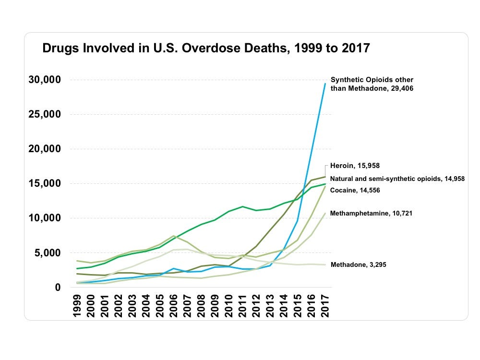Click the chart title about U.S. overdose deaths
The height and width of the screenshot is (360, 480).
(x=206, y=48)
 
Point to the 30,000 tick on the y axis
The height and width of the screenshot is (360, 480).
(x=45, y=80)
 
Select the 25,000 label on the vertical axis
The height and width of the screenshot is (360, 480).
(x=45, y=114)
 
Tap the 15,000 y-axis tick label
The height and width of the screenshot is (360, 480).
(x=45, y=183)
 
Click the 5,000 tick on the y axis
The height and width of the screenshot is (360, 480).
(x=48, y=252)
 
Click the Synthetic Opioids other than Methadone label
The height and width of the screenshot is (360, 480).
(x=372, y=84)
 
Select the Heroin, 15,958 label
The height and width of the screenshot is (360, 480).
(x=355, y=166)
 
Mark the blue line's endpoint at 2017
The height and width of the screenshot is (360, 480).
(x=325, y=84)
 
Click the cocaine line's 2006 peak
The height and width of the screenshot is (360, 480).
(x=174, y=236)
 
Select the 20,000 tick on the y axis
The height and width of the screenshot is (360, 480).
(x=45, y=149)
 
